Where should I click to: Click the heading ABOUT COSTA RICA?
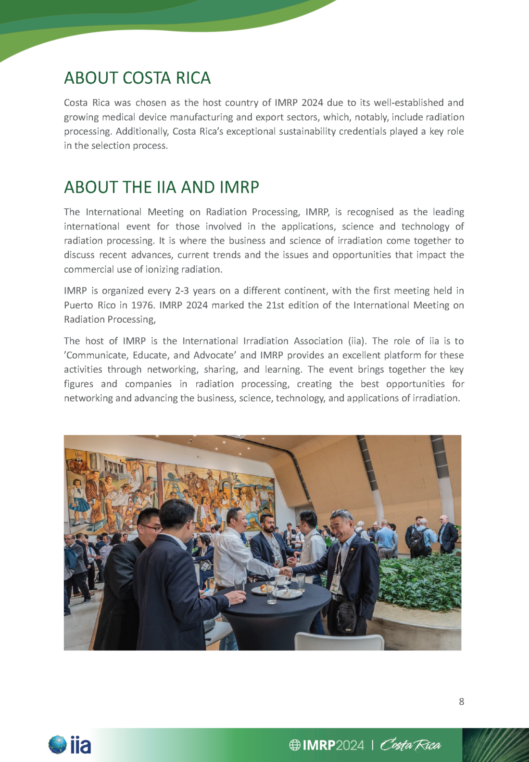coord(137,78)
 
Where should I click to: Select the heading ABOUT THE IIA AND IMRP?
coord(161,187)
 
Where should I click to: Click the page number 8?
coord(461,701)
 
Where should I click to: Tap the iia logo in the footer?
coord(70,745)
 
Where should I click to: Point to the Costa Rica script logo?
coord(410,745)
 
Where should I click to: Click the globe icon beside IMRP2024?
coord(294,745)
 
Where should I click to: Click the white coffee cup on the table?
coord(280,579)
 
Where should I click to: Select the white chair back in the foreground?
coord(339,642)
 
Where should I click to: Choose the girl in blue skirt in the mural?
coord(80,500)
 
